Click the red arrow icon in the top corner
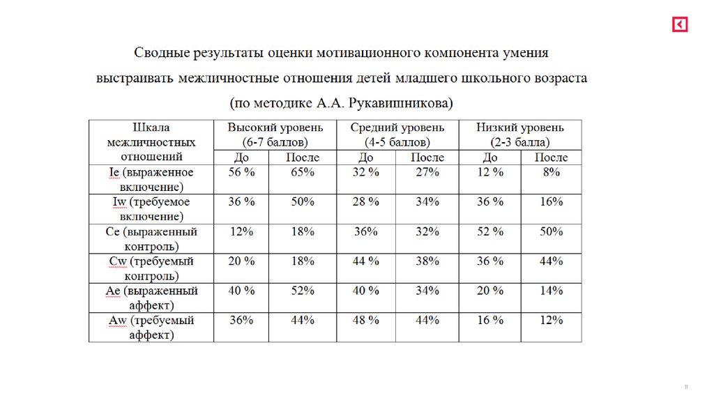(680, 24)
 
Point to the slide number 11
(686, 387)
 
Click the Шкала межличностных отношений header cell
(151, 142)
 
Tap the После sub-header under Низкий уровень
(551, 157)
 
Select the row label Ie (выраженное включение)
(151, 179)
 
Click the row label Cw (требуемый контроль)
(151, 268)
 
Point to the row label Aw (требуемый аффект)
(151, 328)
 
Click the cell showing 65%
(302, 172)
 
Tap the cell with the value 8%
(551, 172)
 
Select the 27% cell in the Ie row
(427, 172)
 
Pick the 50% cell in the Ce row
(551, 231)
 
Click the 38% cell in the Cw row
(427, 261)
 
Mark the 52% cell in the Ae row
(302, 291)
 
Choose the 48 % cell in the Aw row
(365, 321)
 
